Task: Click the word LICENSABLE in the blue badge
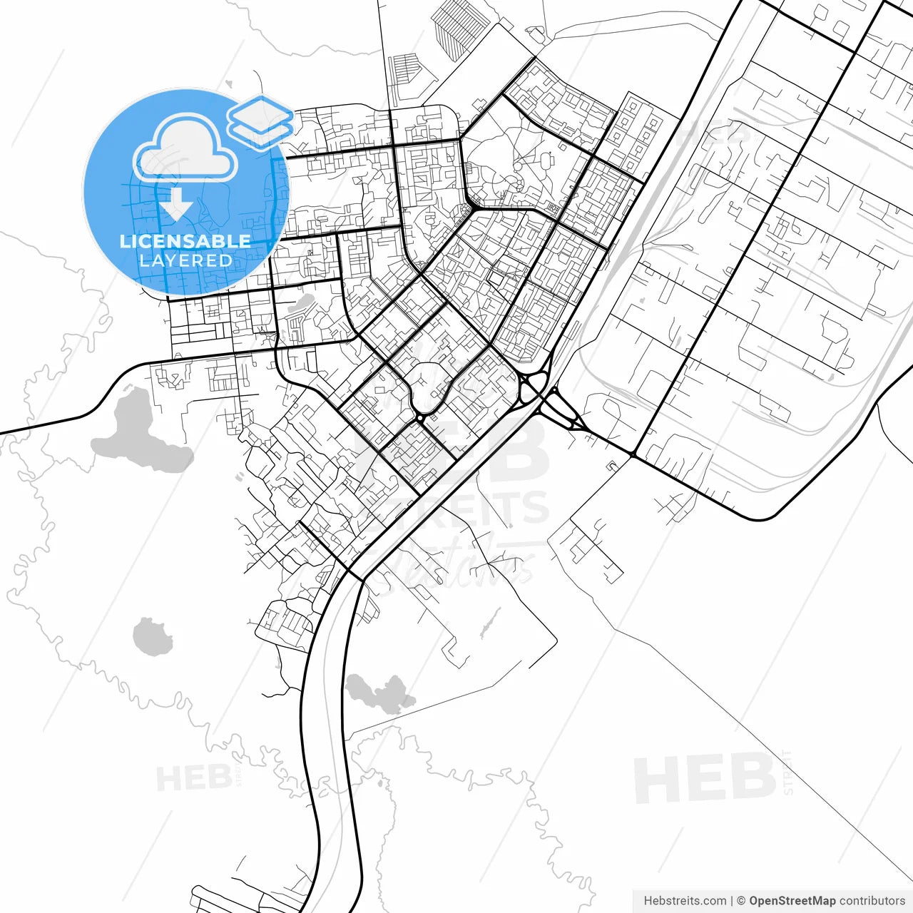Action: (185, 241)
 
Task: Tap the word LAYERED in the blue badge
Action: (185, 261)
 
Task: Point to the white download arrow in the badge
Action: (175, 204)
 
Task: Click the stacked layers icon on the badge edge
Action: (260, 121)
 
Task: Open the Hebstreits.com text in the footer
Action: (685, 901)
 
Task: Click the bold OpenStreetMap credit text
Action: (792, 901)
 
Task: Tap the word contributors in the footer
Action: (872, 901)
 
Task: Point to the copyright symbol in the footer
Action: (741, 901)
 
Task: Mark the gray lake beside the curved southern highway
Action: (379, 692)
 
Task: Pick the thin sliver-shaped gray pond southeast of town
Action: (487, 624)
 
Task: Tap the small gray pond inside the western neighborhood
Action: (302, 305)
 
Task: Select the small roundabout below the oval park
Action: (421, 416)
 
